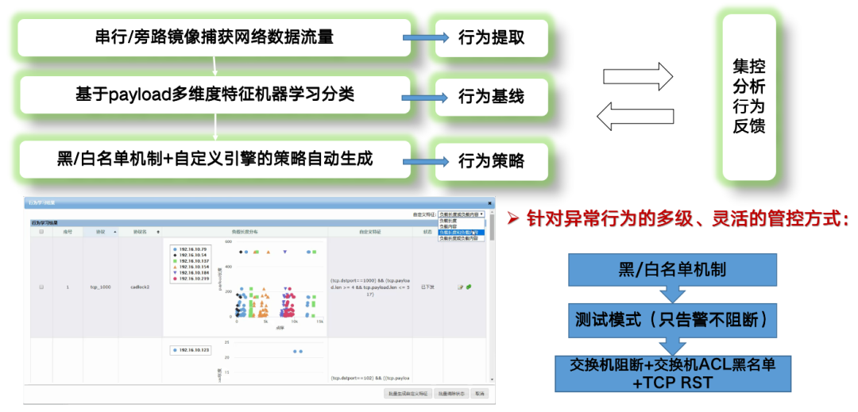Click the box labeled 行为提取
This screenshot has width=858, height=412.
491,37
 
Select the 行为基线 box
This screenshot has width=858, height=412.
491,98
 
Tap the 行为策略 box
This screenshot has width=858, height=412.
491,161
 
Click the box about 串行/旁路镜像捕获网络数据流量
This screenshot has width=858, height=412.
214,37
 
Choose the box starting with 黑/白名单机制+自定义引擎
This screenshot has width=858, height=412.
214,158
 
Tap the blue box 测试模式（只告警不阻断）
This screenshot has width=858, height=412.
672,321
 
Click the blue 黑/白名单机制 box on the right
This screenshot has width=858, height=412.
672,270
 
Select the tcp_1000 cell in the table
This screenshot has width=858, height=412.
100,287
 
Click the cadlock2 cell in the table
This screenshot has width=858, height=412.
140,287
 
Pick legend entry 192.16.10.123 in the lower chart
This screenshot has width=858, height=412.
193,349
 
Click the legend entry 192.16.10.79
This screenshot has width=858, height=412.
193,248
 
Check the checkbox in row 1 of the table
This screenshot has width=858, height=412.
41,287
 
